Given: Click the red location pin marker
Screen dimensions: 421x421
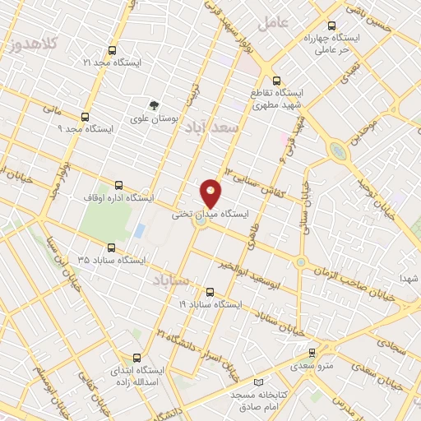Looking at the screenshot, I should click(211, 193).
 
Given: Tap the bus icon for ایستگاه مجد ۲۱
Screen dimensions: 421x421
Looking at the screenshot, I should click(112, 50).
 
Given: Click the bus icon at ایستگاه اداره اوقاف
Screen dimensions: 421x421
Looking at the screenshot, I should click(119, 186).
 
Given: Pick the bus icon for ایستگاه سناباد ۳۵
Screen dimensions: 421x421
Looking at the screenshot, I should click(113, 248).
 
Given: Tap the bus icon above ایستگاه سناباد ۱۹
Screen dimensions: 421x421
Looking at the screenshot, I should click(210, 292).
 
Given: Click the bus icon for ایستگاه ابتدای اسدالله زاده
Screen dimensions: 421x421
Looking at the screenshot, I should click(136, 359).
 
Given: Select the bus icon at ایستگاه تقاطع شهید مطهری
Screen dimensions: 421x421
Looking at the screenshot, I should click(276, 82).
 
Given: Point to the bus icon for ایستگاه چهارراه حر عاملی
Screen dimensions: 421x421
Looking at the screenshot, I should click(331, 26).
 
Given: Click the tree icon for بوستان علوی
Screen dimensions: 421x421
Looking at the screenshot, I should click(153, 105).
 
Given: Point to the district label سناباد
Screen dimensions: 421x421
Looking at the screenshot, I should click(171, 281).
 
